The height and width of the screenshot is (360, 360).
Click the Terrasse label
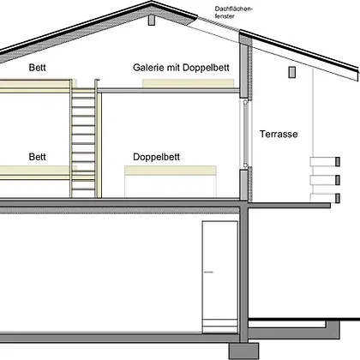(x=279, y=134)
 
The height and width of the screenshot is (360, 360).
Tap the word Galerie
(x=148, y=68)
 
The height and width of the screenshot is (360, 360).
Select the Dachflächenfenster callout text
(x=234, y=12)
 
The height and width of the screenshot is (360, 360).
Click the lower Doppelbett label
(x=156, y=157)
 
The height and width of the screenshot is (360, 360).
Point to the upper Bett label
(x=37, y=68)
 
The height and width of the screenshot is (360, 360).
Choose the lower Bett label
(x=37, y=157)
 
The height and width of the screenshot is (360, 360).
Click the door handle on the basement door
(x=208, y=272)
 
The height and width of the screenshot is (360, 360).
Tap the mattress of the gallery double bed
(x=189, y=83)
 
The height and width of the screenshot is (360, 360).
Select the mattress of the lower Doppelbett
(x=171, y=171)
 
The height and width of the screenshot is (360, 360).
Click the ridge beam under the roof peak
(x=152, y=20)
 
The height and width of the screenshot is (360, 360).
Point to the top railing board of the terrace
(x=325, y=161)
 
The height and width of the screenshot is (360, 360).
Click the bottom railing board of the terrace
(x=325, y=198)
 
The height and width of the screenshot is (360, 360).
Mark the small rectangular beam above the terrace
(x=291, y=72)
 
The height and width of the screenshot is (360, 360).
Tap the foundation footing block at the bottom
(x=243, y=351)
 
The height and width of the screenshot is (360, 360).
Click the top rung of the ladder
(x=83, y=98)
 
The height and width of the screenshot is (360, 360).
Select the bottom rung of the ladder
(x=83, y=189)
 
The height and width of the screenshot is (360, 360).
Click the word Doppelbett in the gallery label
(x=206, y=68)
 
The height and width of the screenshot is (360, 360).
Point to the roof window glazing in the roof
(x=219, y=23)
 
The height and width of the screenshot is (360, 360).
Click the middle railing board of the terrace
(x=325, y=180)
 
